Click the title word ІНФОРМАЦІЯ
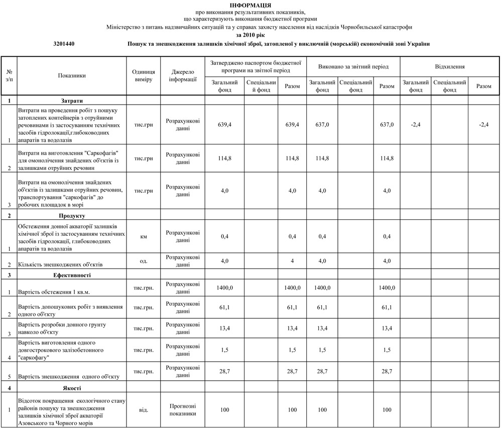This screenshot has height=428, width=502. click(x=250, y=5)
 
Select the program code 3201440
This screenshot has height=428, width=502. click(x=64, y=44)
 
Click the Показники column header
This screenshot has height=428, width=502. click(x=72, y=76)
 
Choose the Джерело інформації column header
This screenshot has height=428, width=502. click(x=183, y=76)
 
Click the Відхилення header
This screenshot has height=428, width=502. click(x=449, y=66)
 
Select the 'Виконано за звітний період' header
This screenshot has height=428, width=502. click(x=353, y=66)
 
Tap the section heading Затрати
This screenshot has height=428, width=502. click(x=72, y=101)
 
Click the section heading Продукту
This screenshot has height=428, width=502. click(x=72, y=216)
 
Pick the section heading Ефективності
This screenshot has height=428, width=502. click(x=72, y=276)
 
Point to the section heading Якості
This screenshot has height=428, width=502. click(x=72, y=388)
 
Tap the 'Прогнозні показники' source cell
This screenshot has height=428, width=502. click(x=183, y=410)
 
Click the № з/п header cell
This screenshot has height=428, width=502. click(x=9, y=76)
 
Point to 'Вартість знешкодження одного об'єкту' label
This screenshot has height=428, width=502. click(x=68, y=376)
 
